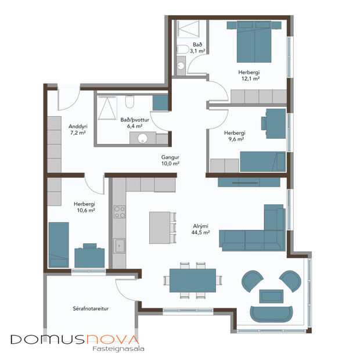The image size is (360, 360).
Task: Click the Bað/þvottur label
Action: tap(131, 120)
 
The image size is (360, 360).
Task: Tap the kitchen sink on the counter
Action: tap(119, 246)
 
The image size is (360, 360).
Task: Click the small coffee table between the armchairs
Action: tap(271, 296)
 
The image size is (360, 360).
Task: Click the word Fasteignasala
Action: tap(118, 350)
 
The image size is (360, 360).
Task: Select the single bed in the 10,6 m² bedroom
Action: tap(59, 244)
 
